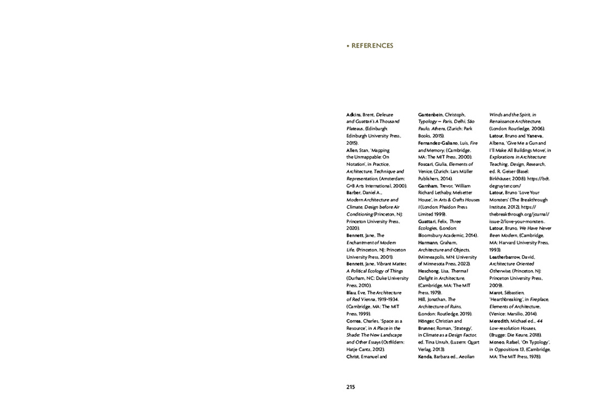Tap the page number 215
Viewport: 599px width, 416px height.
pyautogui.click(x=351, y=387)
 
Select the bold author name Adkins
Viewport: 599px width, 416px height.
pyautogui.click(x=353, y=116)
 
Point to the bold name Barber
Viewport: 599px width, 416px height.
pyautogui.click(x=354, y=193)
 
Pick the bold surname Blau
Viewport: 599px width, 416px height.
pyautogui.click(x=351, y=291)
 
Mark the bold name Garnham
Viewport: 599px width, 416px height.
pyautogui.click(x=429, y=187)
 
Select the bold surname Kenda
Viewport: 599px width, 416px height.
pyautogui.click(x=427, y=356)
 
